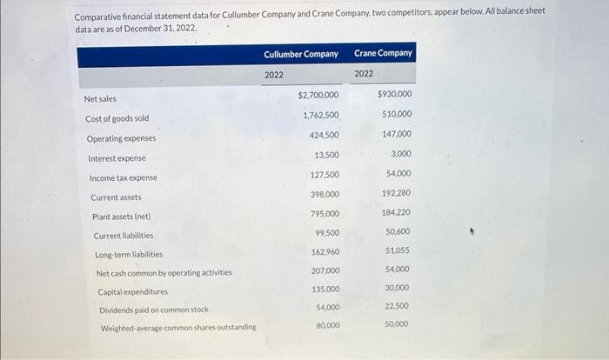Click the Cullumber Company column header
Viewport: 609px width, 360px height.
[x=301, y=54]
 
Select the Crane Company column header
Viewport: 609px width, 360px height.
[x=383, y=54]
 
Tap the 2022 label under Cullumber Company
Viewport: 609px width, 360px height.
[x=274, y=75]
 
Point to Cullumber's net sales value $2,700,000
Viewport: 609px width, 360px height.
[x=318, y=95]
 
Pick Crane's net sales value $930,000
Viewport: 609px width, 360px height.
[x=395, y=94]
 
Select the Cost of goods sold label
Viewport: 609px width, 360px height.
[x=117, y=118]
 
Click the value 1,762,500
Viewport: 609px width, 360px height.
[x=321, y=115]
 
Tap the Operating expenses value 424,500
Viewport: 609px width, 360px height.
[x=325, y=135]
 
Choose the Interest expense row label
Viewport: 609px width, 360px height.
[x=117, y=158]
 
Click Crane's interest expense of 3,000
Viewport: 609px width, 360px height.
[x=401, y=154]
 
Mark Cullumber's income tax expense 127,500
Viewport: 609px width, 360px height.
[x=325, y=174]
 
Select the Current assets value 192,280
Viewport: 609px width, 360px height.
[x=397, y=193]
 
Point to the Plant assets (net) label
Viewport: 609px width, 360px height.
[x=121, y=217]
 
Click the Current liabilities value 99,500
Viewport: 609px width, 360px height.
[x=326, y=233]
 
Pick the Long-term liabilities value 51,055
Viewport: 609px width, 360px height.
[x=398, y=250]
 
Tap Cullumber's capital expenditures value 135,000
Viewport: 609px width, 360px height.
[x=325, y=289]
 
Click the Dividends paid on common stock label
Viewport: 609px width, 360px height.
[x=153, y=310]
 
